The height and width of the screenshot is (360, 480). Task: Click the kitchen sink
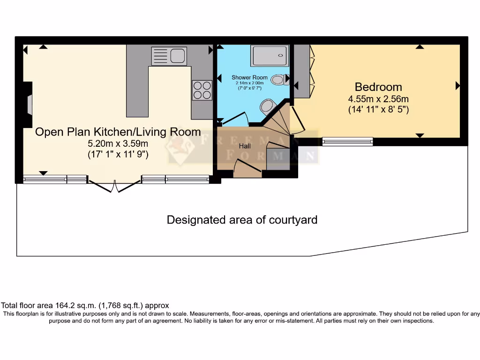[169, 56]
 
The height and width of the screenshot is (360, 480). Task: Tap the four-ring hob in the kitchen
[202, 90]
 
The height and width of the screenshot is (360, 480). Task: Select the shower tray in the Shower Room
[269, 56]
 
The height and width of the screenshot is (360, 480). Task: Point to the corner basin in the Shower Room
[269, 105]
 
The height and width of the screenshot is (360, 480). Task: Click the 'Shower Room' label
[249, 77]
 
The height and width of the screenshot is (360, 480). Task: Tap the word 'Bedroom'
[378, 87]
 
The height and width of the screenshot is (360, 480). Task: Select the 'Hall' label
[245, 146]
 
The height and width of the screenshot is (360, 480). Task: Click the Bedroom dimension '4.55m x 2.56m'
[378, 99]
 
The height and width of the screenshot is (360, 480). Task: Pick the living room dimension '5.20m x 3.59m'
[118, 144]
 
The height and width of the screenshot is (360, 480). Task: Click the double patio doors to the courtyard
[115, 185]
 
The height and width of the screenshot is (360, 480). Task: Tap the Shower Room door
[234, 119]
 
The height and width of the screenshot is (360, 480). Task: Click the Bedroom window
[347, 141]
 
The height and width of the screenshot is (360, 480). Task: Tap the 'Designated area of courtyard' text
[242, 219]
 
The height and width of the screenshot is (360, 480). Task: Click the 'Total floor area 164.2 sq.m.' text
[85, 305]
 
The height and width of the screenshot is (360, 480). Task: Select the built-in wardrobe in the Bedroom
[303, 70]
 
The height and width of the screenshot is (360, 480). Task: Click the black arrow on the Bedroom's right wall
[457, 86]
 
